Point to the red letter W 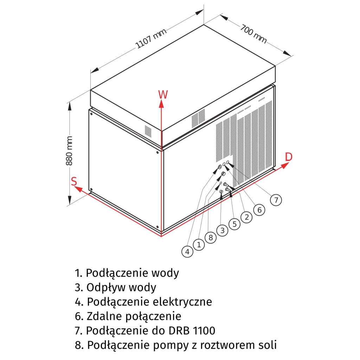click(x=163, y=94)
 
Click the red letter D click(x=288, y=157)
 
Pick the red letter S click(x=74, y=181)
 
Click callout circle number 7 click(x=276, y=200)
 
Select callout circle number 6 click(x=259, y=210)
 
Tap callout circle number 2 click(x=247, y=217)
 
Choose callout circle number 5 click(x=234, y=224)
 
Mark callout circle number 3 click(x=222, y=231)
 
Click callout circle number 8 click(x=211, y=238)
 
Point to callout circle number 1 click(x=199, y=244)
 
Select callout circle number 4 click(x=187, y=251)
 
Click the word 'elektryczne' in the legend click(x=182, y=302)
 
